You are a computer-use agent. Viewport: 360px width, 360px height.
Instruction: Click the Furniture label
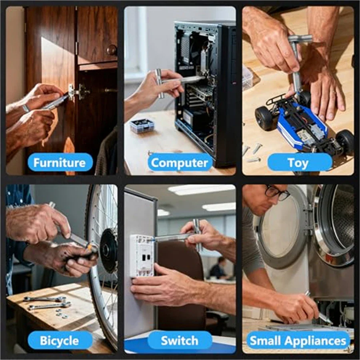pyautogui.click(x=60, y=162)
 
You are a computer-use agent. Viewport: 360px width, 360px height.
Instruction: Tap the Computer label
pyautogui.click(x=180, y=162)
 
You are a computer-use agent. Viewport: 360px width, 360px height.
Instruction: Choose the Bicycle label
pyautogui.click(x=60, y=340)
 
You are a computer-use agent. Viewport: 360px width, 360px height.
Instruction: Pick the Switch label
pyautogui.click(x=180, y=340)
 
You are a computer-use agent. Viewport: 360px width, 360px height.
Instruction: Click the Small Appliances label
pyautogui.click(x=298, y=340)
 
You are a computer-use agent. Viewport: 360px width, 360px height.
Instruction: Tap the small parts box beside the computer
pyautogui.click(x=142, y=125)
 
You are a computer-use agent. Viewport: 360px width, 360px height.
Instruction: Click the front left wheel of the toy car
pyautogui.click(x=264, y=118)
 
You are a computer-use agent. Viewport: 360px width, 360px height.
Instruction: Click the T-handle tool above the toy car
pyautogui.click(x=298, y=60)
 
